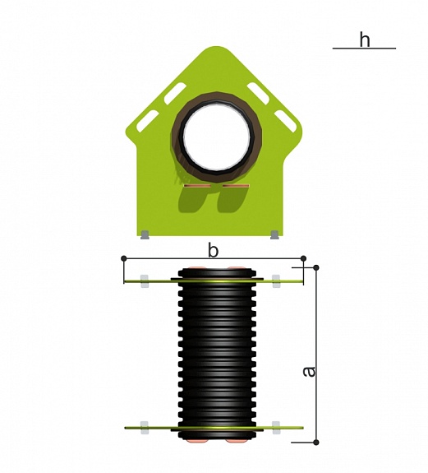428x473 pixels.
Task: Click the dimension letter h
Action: tap(365, 39)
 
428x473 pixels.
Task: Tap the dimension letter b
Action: tap(213, 250)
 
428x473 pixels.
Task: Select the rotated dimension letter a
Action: tap(309, 371)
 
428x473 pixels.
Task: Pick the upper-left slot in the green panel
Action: tap(175, 94)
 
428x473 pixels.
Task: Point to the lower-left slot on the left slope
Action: tap(148, 121)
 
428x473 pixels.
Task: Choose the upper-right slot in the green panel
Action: tap(258, 94)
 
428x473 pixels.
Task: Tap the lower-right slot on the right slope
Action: tap(285, 121)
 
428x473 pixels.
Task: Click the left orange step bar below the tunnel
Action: tap(197, 186)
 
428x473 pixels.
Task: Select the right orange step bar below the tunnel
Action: tap(236, 186)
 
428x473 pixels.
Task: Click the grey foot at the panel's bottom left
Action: tap(145, 234)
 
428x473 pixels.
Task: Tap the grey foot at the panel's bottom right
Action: tap(274, 234)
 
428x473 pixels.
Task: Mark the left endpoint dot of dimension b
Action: tap(124, 258)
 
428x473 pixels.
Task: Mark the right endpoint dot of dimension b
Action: tap(304, 258)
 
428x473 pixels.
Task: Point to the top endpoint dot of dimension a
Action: tap(316, 267)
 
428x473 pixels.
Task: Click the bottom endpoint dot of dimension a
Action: tap(316, 443)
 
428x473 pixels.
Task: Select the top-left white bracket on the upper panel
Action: tap(145, 281)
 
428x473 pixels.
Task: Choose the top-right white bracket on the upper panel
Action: tap(276, 281)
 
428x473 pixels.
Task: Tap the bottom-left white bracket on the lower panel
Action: tap(145, 428)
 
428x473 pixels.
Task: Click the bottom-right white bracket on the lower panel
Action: tap(276, 428)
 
